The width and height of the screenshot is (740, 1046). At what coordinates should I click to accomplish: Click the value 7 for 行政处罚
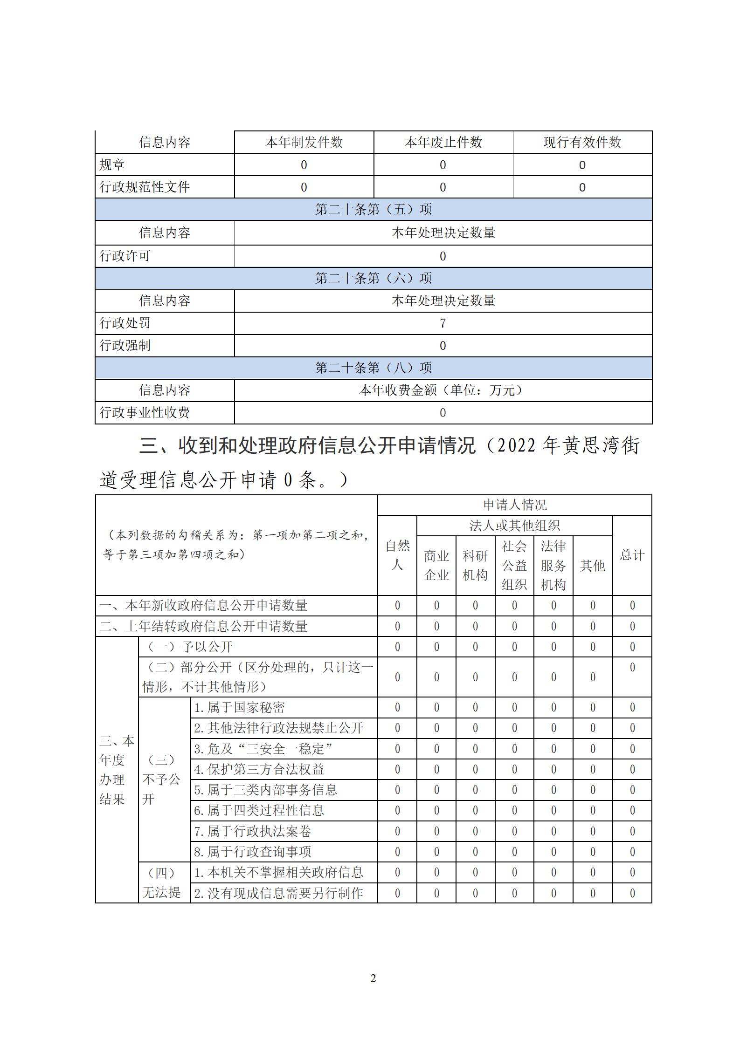click(443, 323)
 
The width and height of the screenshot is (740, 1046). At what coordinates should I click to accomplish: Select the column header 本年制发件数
click(304, 142)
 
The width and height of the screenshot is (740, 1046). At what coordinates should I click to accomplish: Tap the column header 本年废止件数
click(443, 142)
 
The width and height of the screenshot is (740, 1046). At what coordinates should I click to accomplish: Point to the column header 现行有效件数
click(582, 142)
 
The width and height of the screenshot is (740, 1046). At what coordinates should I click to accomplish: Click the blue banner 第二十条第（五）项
click(373, 209)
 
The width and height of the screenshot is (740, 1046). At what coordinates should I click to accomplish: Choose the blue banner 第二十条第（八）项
click(373, 368)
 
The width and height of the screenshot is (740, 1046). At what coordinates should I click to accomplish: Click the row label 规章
click(112, 164)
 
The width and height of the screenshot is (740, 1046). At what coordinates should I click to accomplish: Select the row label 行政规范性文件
click(145, 187)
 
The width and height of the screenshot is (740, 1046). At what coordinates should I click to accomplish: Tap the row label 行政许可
click(125, 256)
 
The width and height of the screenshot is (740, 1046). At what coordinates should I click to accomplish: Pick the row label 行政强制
click(125, 345)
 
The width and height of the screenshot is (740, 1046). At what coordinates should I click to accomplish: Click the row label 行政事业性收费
click(145, 412)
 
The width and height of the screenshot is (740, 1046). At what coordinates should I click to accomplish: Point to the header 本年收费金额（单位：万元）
click(443, 390)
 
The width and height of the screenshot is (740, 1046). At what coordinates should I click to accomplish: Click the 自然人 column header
click(397, 555)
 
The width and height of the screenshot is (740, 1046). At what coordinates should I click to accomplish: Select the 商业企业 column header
click(436, 565)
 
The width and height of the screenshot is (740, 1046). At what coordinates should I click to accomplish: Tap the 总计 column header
click(632, 555)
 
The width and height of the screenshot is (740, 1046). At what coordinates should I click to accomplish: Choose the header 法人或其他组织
click(514, 526)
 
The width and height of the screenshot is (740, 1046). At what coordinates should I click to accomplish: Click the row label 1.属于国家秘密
click(240, 707)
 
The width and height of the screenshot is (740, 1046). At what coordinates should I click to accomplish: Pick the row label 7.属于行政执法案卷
click(252, 831)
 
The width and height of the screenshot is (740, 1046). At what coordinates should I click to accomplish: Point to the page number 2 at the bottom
click(373, 978)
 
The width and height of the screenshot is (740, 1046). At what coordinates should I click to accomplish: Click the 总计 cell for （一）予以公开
click(632, 647)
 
